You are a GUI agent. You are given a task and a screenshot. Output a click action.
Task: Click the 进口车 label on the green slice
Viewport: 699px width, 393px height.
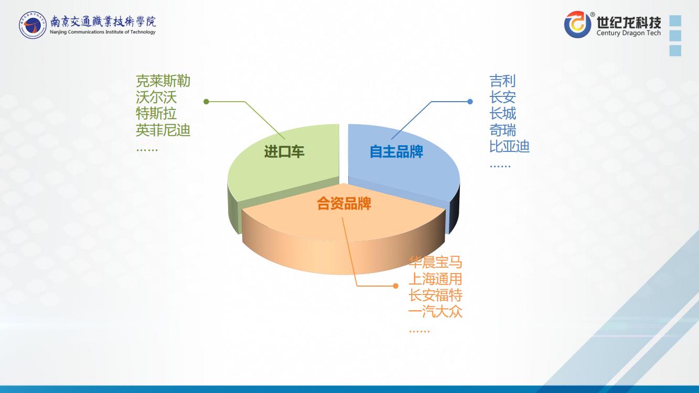point(284,152)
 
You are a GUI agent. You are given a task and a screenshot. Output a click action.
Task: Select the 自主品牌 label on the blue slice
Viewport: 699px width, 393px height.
point(396,152)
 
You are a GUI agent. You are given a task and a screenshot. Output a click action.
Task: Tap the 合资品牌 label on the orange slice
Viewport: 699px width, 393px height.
point(344,204)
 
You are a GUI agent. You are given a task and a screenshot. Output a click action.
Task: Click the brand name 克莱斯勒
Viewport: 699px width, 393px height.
point(163,81)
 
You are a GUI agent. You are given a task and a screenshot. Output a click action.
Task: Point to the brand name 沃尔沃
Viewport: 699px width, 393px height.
point(156,97)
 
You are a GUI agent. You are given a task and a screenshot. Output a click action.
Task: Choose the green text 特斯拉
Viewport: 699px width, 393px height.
point(156,114)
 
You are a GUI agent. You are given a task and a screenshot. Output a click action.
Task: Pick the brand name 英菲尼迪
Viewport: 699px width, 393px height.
point(163,130)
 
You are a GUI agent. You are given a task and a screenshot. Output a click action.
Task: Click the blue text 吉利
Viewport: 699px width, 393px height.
point(502,81)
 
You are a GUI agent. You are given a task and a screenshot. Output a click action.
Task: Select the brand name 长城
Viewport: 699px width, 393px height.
point(502,114)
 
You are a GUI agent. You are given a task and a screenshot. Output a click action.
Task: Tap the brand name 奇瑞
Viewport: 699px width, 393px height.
point(502,130)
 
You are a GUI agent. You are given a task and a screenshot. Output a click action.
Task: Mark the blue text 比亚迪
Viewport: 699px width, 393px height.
point(509,147)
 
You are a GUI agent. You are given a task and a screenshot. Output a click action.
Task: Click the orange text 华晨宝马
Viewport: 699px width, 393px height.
point(435,263)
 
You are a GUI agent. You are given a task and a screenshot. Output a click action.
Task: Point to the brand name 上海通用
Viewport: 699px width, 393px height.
point(435,279)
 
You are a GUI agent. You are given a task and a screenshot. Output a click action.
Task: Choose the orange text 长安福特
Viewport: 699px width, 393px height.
point(435,296)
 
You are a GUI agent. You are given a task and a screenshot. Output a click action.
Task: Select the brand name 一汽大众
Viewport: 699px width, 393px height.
point(435,312)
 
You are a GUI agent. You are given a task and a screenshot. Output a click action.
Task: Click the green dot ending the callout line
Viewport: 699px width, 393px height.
point(206,101)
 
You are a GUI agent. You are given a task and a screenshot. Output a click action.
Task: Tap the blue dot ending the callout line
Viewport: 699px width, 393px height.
point(470,101)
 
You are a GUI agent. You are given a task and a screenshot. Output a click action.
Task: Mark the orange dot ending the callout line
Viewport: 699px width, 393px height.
point(396,286)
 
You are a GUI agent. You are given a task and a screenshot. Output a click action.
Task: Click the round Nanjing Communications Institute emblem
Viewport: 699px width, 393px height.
point(33,25)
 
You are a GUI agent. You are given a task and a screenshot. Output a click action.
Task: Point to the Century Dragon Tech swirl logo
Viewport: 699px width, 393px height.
point(578,24)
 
